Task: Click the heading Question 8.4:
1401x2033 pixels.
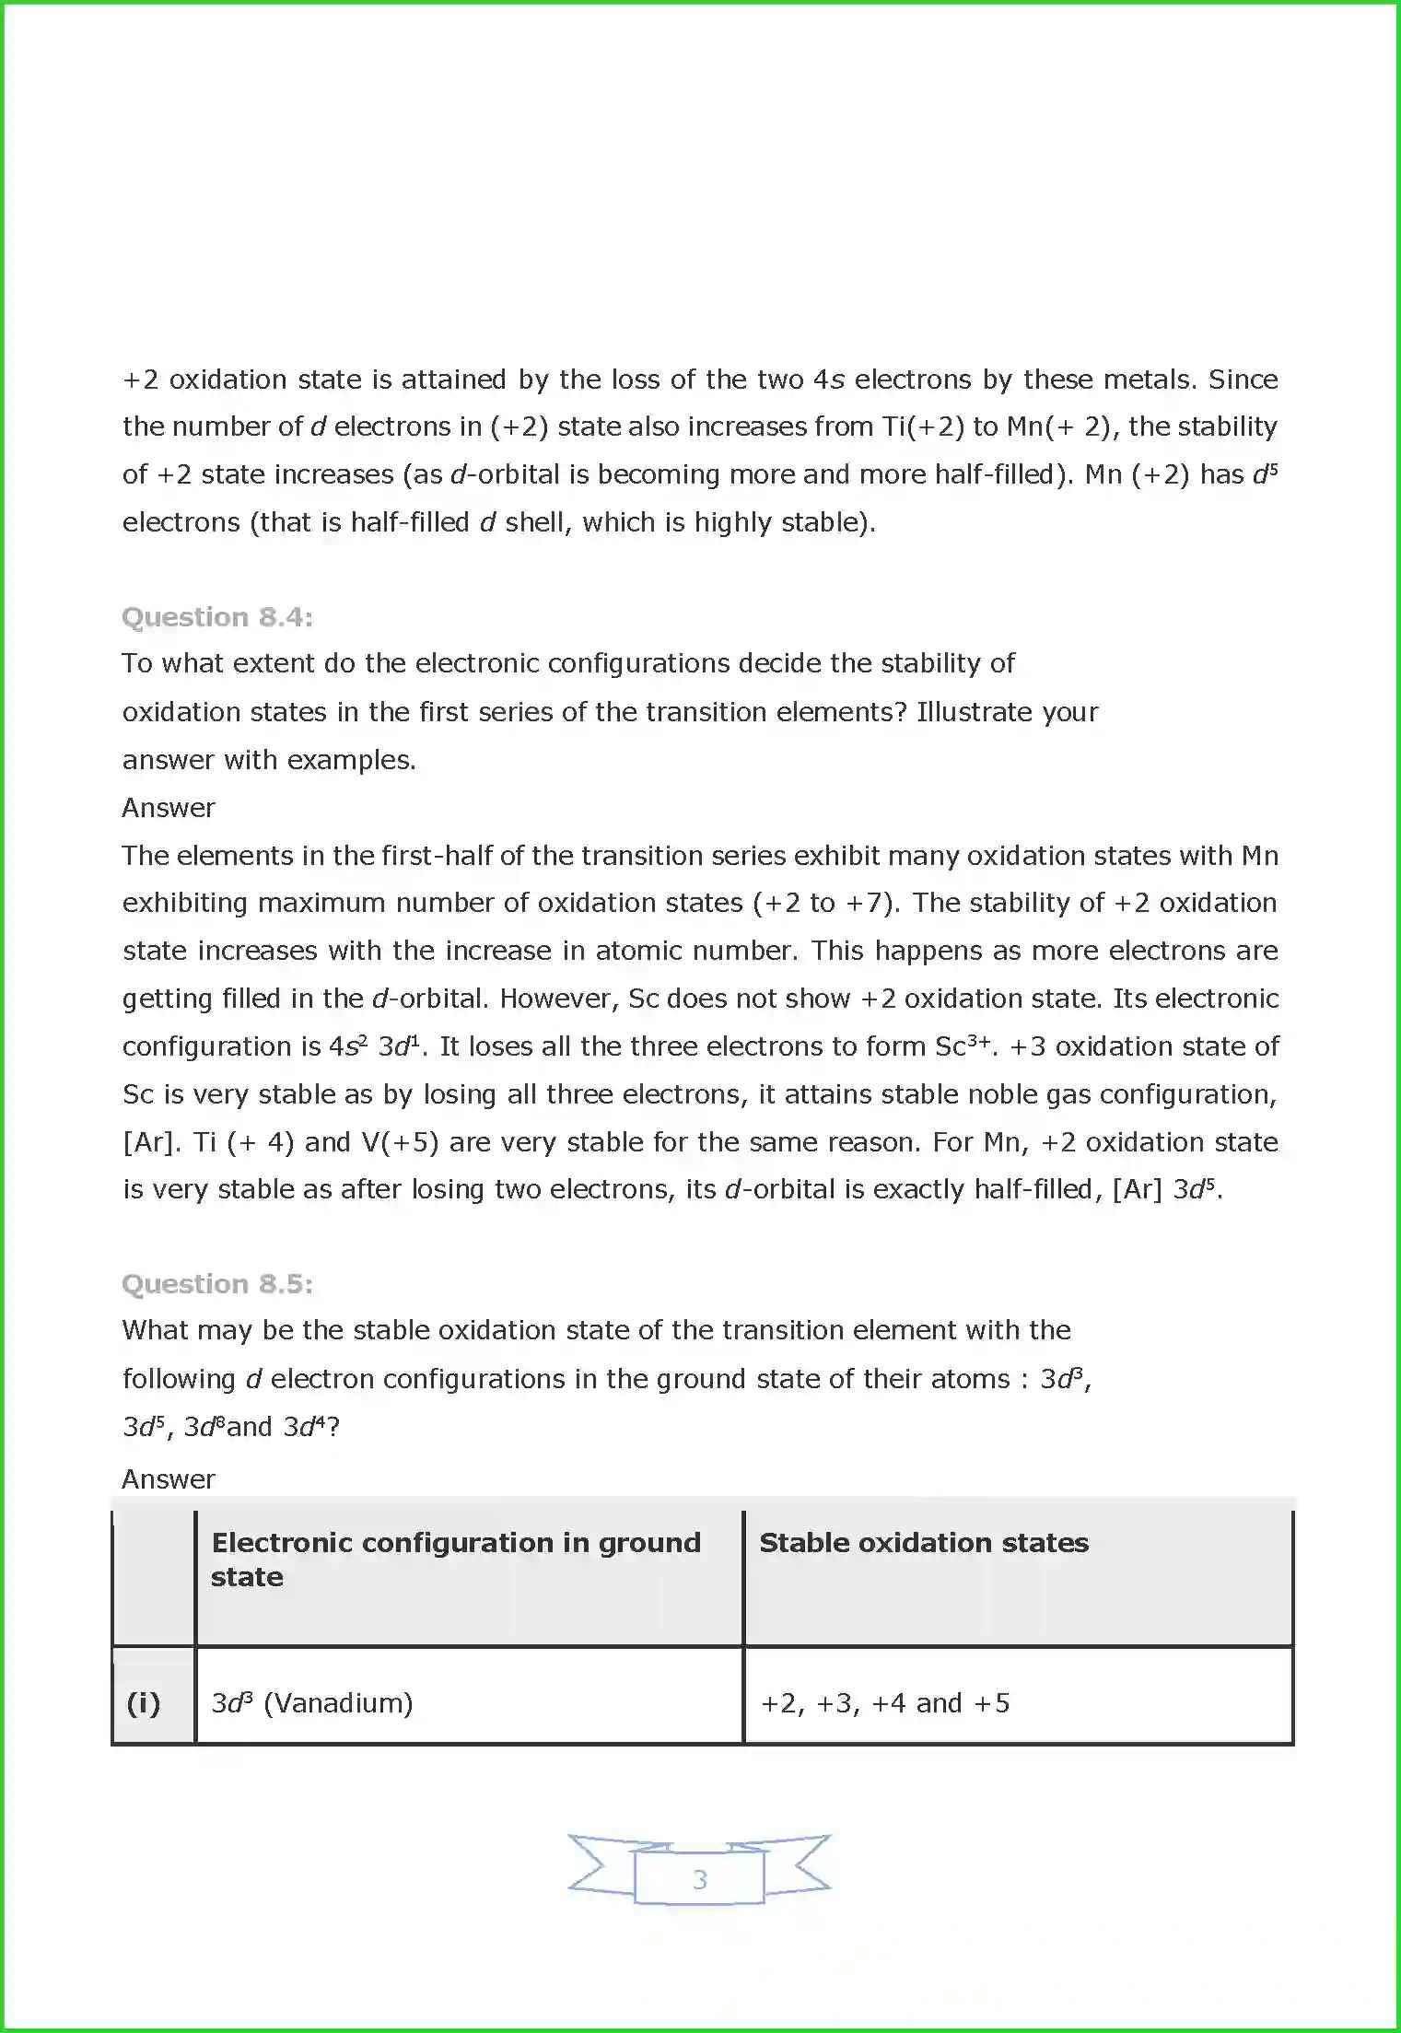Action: tap(217, 617)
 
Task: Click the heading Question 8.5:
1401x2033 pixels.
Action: tap(217, 1284)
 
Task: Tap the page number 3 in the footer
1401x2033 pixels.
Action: tap(700, 1879)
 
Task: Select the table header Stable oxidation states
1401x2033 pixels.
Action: tap(924, 1543)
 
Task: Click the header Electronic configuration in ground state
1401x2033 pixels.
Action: tap(456, 1560)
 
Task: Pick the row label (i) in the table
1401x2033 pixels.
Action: tap(144, 1703)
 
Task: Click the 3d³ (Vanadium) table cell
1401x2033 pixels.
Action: tap(312, 1703)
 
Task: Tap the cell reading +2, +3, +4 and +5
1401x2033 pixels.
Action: tap(885, 1703)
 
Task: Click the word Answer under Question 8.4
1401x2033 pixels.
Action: tap(169, 808)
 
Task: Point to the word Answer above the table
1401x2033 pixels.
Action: tap(169, 1479)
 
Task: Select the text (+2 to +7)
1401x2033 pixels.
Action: tap(825, 903)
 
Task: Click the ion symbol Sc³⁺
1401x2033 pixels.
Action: tap(963, 1046)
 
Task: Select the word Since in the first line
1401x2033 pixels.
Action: tap(1243, 380)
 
